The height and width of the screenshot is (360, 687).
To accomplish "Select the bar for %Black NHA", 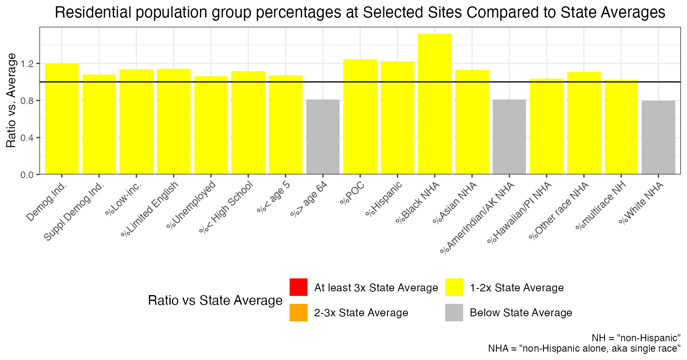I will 434,104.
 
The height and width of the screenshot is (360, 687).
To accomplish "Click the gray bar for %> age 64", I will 322,137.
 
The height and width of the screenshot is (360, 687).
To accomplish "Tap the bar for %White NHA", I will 658,137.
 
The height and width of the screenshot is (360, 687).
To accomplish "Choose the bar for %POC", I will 360,117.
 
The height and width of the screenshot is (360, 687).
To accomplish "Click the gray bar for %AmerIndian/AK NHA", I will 509,137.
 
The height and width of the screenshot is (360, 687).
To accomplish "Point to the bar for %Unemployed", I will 211,125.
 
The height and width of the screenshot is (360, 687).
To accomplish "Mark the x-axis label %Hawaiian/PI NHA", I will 520,212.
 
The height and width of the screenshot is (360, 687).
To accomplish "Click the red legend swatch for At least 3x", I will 298,287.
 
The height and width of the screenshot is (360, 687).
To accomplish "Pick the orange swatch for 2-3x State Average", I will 298,313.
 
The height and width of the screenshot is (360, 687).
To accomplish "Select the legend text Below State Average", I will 521,313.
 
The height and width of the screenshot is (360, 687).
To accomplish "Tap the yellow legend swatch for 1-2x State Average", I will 454,287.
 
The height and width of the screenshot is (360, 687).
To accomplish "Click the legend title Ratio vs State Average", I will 215,300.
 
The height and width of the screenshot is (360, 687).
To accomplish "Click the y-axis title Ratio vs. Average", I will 12,100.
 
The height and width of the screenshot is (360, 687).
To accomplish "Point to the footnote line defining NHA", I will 584,348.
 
